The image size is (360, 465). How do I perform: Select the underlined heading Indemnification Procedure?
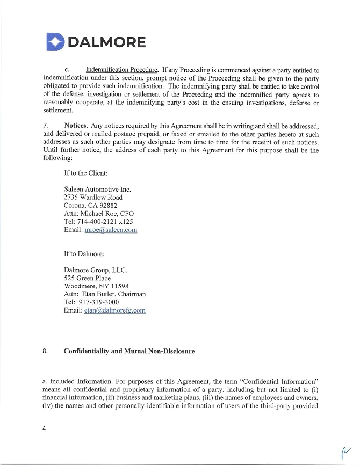coord(121,70)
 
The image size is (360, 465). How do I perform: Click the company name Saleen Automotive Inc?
coord(97,190)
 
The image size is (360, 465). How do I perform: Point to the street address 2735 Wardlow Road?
coord(93,198)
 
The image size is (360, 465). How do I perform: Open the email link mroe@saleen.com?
coord(111,230)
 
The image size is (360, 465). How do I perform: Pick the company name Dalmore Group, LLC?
coord(95,270)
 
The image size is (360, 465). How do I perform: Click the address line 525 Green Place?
coord(87,278)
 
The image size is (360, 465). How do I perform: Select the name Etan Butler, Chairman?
coord(114,294)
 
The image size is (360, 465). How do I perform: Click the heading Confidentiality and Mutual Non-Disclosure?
coord(129,352)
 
